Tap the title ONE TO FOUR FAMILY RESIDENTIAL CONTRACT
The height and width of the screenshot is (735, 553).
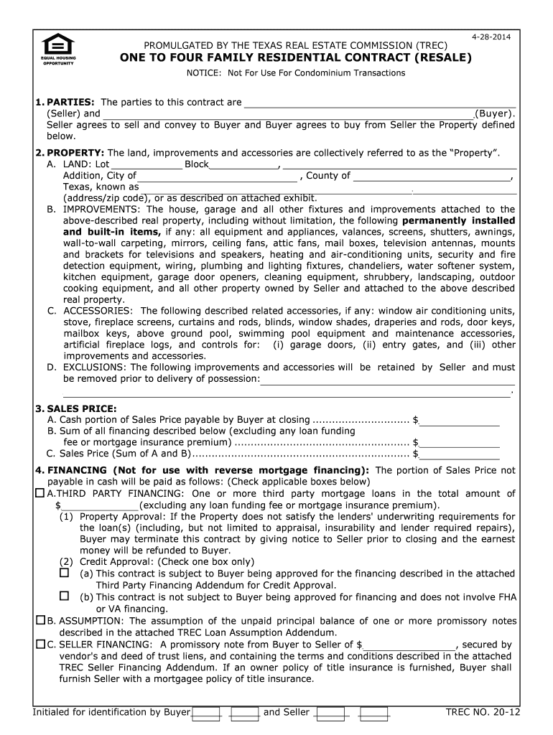pos(295,58)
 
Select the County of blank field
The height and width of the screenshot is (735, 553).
pos(432,176)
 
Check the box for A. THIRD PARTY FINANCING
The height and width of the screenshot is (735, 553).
pos(39,494)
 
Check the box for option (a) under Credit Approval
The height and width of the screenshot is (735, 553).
pos(64,574)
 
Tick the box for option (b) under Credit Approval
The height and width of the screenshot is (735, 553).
pos(64,596)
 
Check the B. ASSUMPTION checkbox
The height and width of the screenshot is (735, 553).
pos(39,620)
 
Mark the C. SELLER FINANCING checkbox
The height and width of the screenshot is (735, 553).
pos(39,644)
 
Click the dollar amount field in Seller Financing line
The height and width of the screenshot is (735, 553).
pos(409,645)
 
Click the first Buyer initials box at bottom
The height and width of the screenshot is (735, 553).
pos(206,713)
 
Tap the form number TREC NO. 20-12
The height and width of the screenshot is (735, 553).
pos(483,712)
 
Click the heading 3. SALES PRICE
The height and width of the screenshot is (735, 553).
pos(76,408)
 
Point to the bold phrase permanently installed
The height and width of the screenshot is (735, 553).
pos(458,220)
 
